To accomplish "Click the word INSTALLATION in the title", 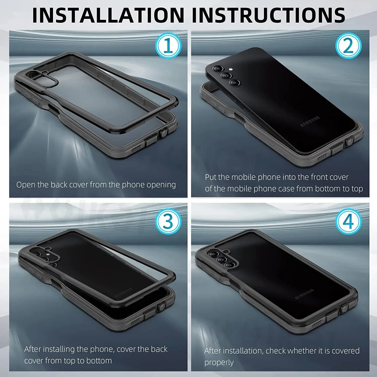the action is pyautogui.click(x=109, y=15).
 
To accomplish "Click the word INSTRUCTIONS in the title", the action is pyautogui.click(x=268, y=15).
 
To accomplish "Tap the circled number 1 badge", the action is pyautogui.click(x=168, y=45).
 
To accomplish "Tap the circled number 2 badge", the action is pyautogui.click(x=348, y=45).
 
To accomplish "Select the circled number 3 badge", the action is pyautogui.click(x=168, y=221).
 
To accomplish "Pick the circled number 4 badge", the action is pyautogui.click(x=348, y=221).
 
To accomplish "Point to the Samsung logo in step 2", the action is pyautogui.click(x=310, y=121).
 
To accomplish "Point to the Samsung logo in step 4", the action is pyautogui.click(x=304, y=294).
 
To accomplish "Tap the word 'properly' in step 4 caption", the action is pyautogui.click(x=219, y=363).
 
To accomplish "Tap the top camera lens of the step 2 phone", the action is pyautogui.click(x=218, y=69).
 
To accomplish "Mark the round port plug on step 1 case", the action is pyautogui.click(x=164, y=132).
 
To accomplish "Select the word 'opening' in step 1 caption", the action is pyautogui.click(x=161, y=185).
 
